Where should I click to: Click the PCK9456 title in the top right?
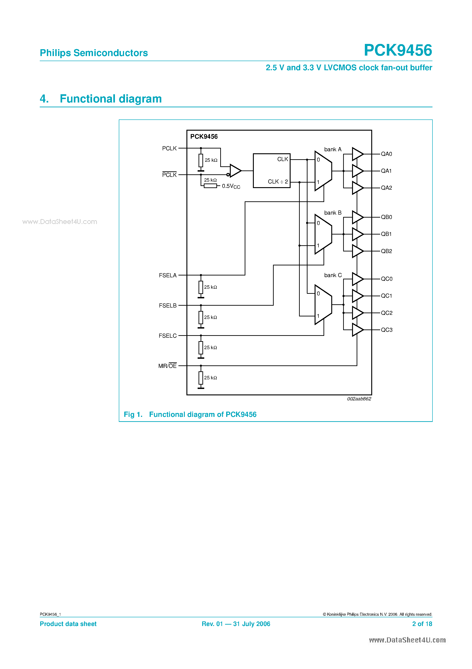point(398,50)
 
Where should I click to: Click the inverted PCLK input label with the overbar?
point(169,175)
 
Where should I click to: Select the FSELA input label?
point(168,275)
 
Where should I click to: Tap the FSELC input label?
point(168,336)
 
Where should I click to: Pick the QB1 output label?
point(386,234)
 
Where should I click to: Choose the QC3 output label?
point(387,330)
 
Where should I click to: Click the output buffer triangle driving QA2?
point(357,188)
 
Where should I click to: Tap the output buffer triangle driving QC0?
point(357,279)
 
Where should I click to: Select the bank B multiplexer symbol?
point(323,234)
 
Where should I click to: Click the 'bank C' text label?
point(333,275)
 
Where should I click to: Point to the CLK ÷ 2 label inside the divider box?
point(278,181)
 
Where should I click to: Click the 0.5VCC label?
point(231,186)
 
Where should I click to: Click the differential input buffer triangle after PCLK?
point(235,171)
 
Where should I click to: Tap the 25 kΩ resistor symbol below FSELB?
point(201,317)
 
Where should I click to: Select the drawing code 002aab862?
point(359,399)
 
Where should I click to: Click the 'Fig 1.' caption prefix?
point(133,414)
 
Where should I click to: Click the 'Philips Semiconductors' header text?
point(94,53)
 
